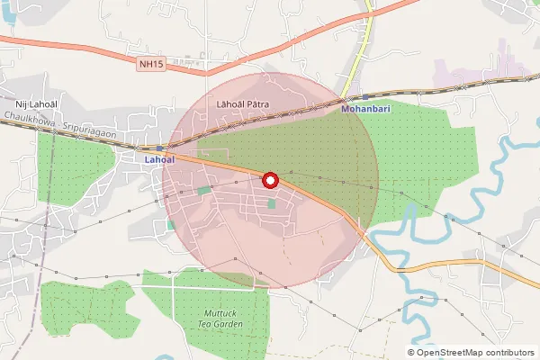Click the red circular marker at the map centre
(269, 181)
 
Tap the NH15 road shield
(152, 65)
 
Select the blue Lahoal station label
(158, 159)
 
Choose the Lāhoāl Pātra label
(243, 104)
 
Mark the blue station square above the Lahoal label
(159, 148)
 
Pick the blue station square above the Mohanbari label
(365, 96)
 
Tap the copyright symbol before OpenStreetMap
(411, 353)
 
